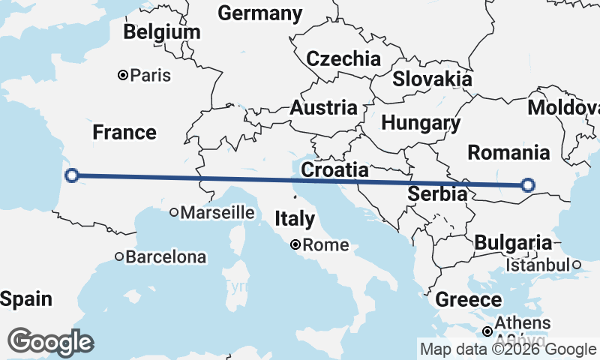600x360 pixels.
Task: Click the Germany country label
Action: (x=260, y=13)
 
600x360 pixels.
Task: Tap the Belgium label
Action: (x=162, y=32)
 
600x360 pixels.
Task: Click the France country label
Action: (x=124, y=133)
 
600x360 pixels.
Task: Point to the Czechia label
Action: (x=343, y=58)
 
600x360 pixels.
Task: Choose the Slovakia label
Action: (x=433, y=79)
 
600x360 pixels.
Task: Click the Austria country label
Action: (x=323, y=107)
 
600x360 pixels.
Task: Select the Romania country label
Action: (x=508, y=153)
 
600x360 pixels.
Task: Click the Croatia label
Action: (x=334, y=170)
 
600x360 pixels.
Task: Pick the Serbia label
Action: (x=437, y=194)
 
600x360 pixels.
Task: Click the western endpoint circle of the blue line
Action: (x=72, y=175)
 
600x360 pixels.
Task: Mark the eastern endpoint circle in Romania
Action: (x=528, y=185)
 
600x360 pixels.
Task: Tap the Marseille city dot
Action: (x=174, y=213)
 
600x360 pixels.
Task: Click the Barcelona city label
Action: (x=165, y=257)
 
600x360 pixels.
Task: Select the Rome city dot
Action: (x=296, y=244)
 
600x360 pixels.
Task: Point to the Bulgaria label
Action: (x=513, y=243)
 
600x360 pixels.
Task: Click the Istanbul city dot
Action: (x=576, y=265)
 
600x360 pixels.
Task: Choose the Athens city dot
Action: (x=487, y=331)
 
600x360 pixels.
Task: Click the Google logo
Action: (x=51, y=341)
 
